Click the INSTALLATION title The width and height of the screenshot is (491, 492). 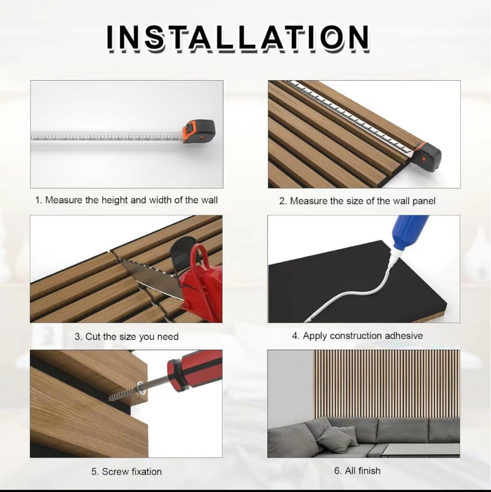click(x=237, y=38)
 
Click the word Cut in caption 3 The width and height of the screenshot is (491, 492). click(x=93, y=337)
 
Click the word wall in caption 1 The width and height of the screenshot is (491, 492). click(x=209, y=200)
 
